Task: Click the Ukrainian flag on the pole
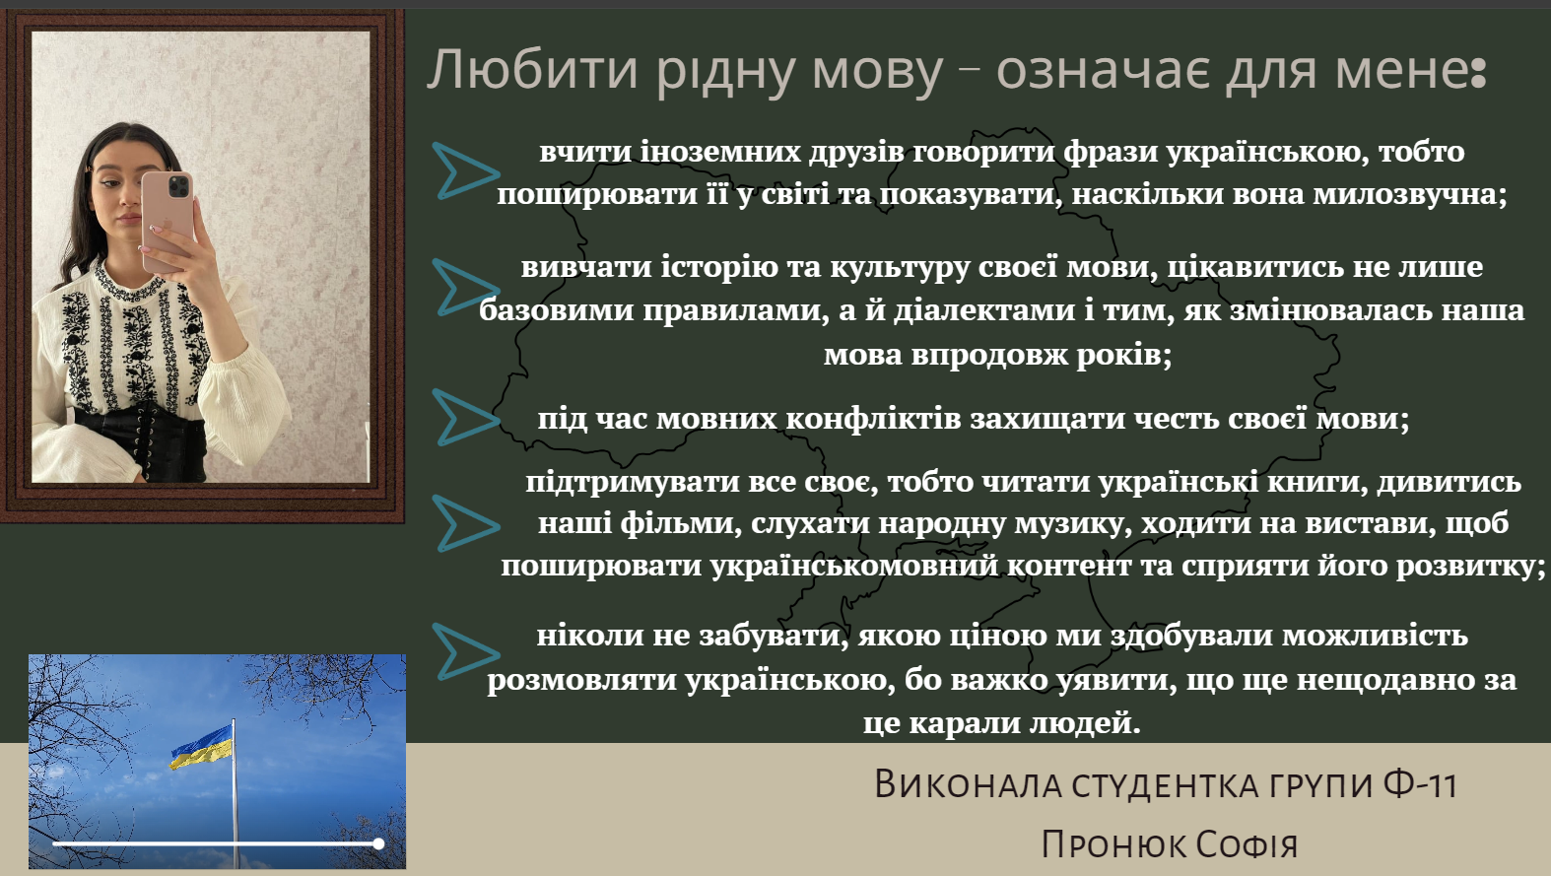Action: click(201, 747)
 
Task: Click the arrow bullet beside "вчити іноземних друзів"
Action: click(465, 170)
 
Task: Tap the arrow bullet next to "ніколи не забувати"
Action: click(465, 651)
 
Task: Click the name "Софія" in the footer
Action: click(1247, 844)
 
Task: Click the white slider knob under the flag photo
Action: click(378, 843)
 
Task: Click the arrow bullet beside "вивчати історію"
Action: click(465, 287)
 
